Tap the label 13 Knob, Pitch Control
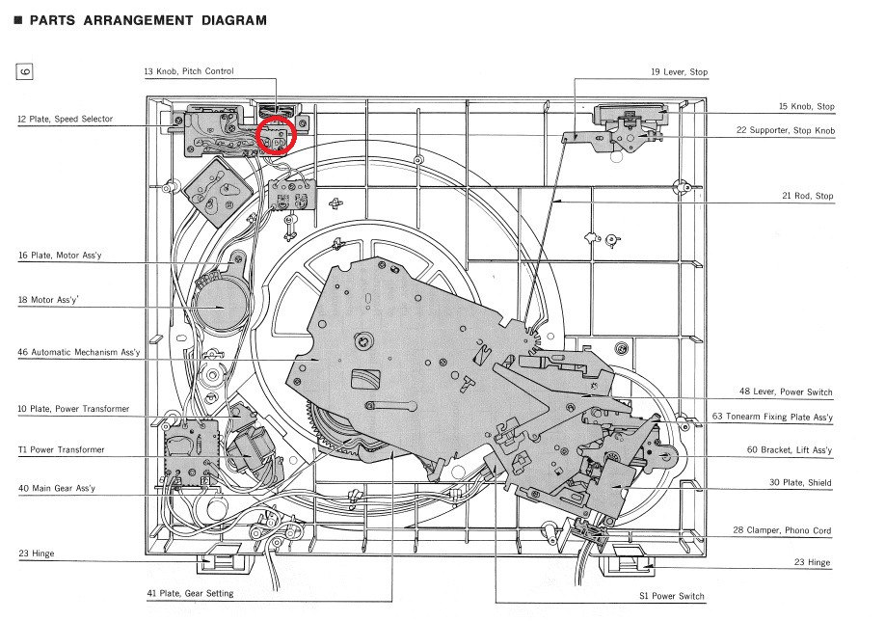pyautogui.click(x=188, y=71)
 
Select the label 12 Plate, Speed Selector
pyautogui.click(x=65, y=119)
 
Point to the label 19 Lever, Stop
pyautogui.click(x=679, y=72)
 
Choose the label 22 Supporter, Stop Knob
pyautogui.click(x=785, y=130)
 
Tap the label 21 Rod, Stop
pyautogui.click(x=807, y=196)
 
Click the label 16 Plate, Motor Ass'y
pyautogui.click(x=59, y=256)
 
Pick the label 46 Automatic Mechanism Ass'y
pyautogui.click(x=79, y=352)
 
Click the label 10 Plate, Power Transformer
pyautogui.click(x=72, y=409)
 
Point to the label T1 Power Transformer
pyautogui.click(x=60, y=449)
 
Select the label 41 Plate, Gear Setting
pyautogui.click(x=189, y=593)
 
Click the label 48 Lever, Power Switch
pyautogui.click(x=785, y=392)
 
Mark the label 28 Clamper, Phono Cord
pyautogui.click(x=783, y=530)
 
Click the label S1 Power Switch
pyautogui.click(x=671, y=596)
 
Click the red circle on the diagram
pyautogui.click(x=278, y=134)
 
